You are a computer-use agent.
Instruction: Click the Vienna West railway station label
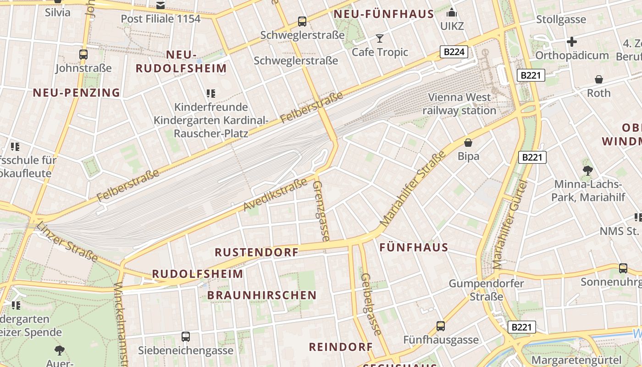point(459,104)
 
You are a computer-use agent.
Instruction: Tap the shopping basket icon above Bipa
point(468,143)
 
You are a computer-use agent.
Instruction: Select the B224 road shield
point(454,52)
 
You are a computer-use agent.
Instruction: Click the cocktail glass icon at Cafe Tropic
point(380,38)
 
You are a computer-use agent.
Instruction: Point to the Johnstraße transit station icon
point(83,55)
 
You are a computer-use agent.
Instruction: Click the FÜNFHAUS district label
point(414,248)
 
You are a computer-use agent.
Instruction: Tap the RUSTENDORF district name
point(257,252)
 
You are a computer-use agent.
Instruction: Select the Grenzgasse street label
point(321,211)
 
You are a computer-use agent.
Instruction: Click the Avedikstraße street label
point(275,195)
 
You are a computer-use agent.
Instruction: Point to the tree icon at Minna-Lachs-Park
point(587,171)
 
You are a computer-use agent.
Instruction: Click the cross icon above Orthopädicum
point(571,42)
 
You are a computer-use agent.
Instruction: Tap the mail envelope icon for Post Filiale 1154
point(160,6)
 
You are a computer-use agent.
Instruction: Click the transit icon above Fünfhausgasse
point(441,326)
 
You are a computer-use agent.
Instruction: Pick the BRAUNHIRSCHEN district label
point(262,295)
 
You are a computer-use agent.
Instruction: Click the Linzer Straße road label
point(67,242)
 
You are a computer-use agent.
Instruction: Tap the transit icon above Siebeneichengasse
point(186,337)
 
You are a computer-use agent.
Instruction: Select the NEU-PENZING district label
point(76,93)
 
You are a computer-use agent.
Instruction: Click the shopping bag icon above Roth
point(599,79)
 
